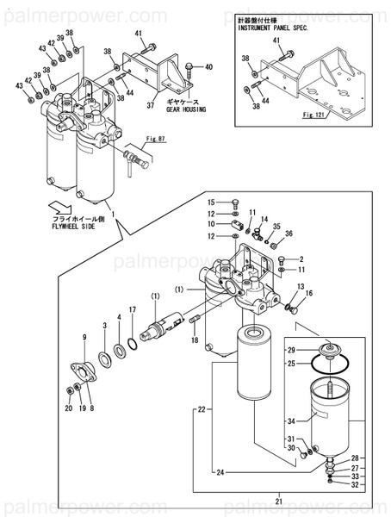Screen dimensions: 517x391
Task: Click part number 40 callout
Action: click(208, 66)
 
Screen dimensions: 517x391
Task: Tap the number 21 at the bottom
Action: click(279, 500)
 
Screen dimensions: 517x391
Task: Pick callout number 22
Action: click(202, 408)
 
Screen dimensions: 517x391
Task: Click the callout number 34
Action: click(292, 421)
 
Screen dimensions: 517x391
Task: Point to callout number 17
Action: click(132, 309)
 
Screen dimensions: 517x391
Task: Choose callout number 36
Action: click(289, 234)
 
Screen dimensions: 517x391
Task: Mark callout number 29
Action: click(291, 350)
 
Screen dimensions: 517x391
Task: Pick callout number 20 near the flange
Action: click(69, 408)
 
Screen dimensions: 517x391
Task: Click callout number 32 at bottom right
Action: click(353, 484)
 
